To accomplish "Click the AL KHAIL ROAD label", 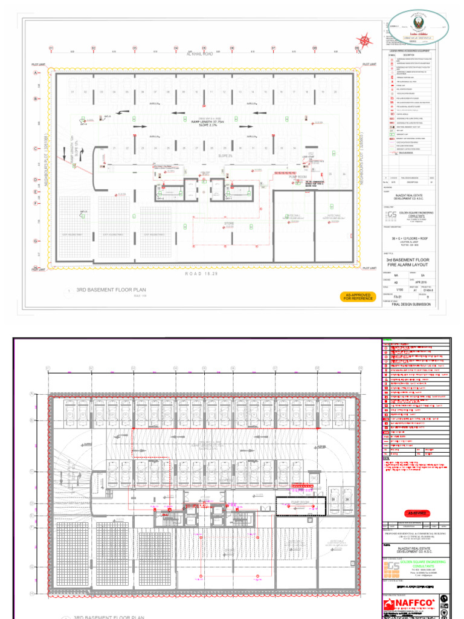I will tap(201, 54).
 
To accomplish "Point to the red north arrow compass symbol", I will tap(364, 41).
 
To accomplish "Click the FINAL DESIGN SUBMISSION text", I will tap(413, 305).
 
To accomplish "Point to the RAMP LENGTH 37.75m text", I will tap(208, 122).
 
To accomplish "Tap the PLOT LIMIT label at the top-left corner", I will tap(39, 64).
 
